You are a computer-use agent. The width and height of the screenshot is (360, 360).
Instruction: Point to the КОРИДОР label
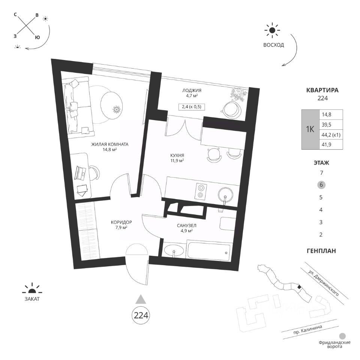tap(121, 222)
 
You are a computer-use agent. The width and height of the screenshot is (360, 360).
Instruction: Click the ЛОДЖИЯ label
tap(193, 90)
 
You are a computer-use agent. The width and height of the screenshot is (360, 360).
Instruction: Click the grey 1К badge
tap(310, 129)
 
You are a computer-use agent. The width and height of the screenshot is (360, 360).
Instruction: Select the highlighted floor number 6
tap(321, 185)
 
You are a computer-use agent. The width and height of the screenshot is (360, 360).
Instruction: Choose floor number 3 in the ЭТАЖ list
tap(321, 222)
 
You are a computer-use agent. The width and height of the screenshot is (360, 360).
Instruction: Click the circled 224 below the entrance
tap(141, 315)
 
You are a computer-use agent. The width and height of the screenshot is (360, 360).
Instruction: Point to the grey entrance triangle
tap(141, 298)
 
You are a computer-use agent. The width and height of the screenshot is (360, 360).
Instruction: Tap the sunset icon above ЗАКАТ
tap(31, 289)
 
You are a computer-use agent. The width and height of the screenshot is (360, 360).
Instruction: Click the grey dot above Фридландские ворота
tap(342, 336)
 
